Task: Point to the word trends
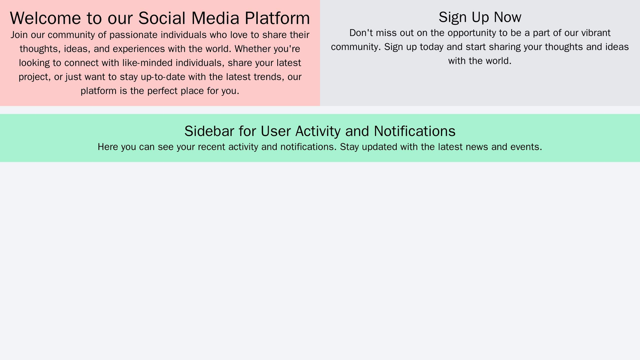point(268,77)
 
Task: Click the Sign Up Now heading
point(480,17)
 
